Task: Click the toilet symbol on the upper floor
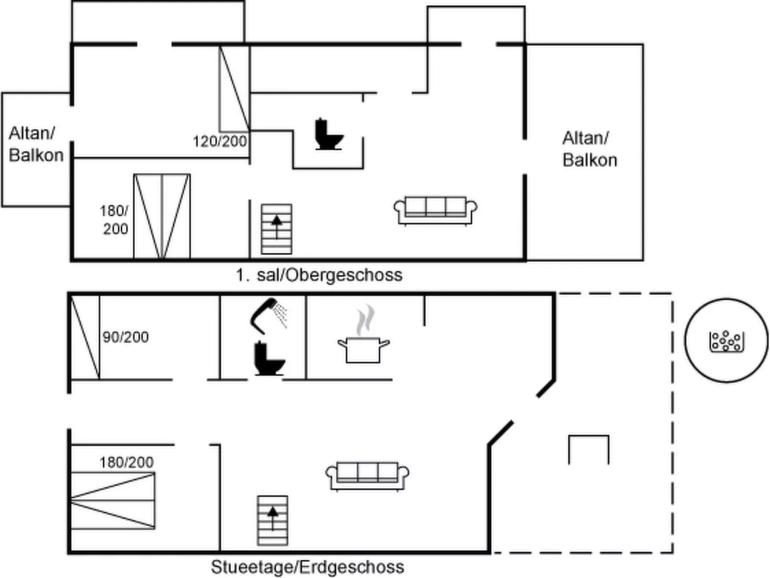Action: point(328,135)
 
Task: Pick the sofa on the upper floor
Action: point(435,210)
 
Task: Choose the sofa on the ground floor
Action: point(367,475)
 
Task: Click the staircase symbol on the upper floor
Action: point(277,229)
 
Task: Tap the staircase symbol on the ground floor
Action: point(272,520)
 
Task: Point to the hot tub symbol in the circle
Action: point(726,341)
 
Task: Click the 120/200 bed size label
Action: point(220,142)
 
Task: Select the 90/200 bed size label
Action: point(126,337)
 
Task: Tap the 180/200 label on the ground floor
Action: point(127,462)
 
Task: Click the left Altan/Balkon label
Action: point(36,144)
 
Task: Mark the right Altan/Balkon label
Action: point(589,149)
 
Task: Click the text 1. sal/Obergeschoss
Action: point(319,275)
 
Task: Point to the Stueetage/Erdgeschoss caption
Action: point(307,567)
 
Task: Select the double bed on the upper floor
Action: point(162,216)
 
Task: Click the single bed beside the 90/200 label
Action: point(85,338)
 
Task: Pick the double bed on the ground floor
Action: point(113,501)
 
